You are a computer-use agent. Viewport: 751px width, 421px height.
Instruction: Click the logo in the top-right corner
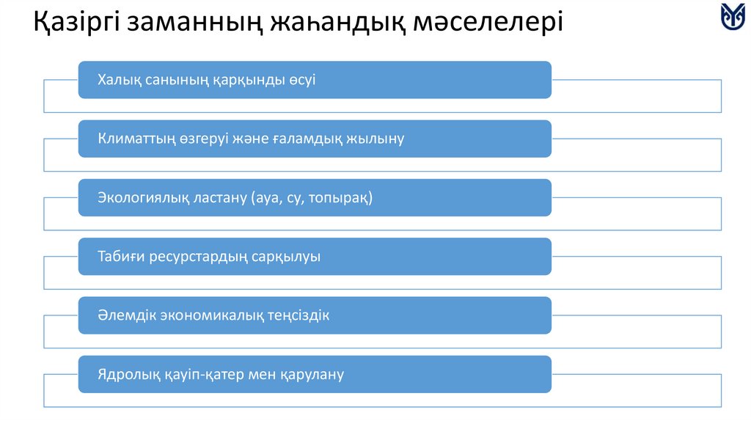pos(733,16)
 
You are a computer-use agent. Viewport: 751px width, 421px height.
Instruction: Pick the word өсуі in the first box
pos(301,80)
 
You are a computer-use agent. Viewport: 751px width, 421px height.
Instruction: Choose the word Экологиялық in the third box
pos(142,198)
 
